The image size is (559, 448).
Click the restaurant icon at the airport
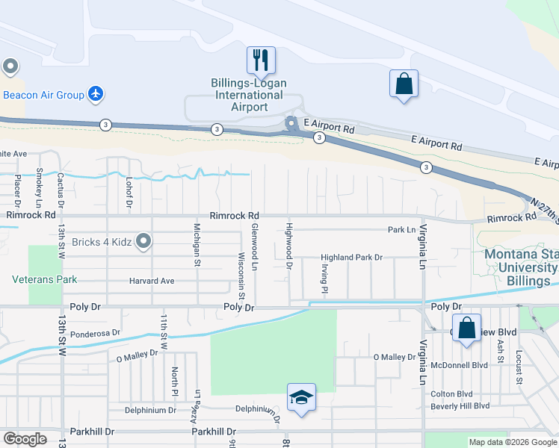pyautogui.click(x=261, y=60)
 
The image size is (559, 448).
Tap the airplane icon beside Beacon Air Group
pyautogui.click(x=95, y=94)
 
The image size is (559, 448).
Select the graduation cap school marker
pyautogui.click(x=301, y=398)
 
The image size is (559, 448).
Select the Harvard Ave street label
pyautogui.click(x=151, y=281)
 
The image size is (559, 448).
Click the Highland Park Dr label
pyautogui.click(x=351, y=257)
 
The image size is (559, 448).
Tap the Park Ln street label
pyautogui.click(x=401, y=229)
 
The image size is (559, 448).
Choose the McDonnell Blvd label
pyautogui.click(x=459, y=365)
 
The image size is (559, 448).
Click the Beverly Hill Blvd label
pyautogui.click(x=460, y=405)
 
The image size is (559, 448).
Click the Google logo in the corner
pyautogui.click(x=25, y=438)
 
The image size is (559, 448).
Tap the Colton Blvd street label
pyautogui.click(x=451, y=393)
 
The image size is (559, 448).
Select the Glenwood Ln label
pyautogui.click(x=254, y=247)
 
